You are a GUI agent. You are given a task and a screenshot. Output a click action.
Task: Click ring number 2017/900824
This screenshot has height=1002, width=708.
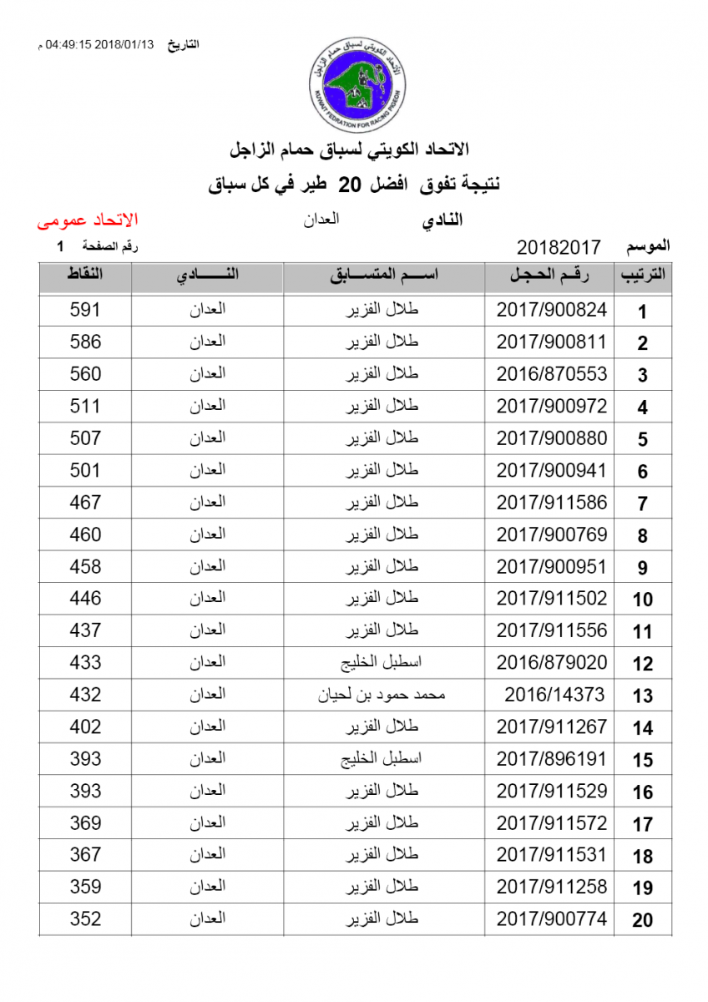(552, 310)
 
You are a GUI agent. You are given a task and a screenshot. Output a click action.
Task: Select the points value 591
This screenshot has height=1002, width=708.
(85, 310)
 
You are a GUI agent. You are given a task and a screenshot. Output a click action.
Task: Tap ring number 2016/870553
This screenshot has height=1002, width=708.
(552, 374)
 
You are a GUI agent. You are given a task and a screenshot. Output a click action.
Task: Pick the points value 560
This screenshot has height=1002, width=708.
(85, 374)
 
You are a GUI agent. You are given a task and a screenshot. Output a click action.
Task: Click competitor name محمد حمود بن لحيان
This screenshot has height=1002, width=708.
(383, 695)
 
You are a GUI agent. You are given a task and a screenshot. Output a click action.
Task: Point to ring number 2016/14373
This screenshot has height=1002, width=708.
(554, 695)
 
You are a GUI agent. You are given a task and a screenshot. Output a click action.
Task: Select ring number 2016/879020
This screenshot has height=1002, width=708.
(552, 663)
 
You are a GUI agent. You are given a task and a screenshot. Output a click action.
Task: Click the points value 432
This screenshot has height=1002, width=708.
(85, 695)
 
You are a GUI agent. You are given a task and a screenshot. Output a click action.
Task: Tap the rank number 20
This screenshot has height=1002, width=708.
(642, 921)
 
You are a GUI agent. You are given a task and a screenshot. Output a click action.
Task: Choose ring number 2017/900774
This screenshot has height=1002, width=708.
(552, 919)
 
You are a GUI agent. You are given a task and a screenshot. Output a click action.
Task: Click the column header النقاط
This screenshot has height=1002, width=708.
(85, 276)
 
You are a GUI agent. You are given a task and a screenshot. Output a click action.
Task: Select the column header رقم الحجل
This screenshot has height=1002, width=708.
(550, 276)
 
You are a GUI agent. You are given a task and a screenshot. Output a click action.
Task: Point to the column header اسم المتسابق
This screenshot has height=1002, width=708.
(385, 276)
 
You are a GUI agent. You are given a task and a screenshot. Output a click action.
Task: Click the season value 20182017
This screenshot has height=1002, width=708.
(559, 247)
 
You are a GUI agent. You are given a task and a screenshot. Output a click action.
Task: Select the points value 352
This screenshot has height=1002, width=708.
(85, 919)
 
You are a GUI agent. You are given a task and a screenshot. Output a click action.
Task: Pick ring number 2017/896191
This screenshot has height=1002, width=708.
(552, 759)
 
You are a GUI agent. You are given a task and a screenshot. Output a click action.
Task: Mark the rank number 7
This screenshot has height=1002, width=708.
(642, 504)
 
